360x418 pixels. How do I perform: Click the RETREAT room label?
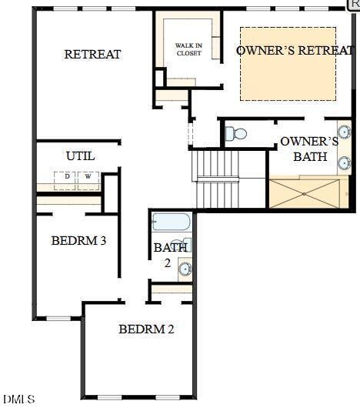coord(92,54)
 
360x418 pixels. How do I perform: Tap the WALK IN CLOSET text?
coord(188,49)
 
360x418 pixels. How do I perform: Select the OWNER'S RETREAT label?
coord(295,50)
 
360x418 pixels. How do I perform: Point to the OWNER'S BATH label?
coord(309,149)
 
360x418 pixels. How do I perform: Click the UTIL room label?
coord(81,155)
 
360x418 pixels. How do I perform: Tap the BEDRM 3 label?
coord(78,240)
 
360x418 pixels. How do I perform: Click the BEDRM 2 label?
coord(146,329)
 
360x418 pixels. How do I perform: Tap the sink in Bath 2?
coord(185,269)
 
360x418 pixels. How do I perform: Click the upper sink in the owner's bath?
coord(344,132)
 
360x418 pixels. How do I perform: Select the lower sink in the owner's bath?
coord(344,162)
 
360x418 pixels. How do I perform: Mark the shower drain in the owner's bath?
coord(305,193)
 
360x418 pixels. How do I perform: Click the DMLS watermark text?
coord(18,399)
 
